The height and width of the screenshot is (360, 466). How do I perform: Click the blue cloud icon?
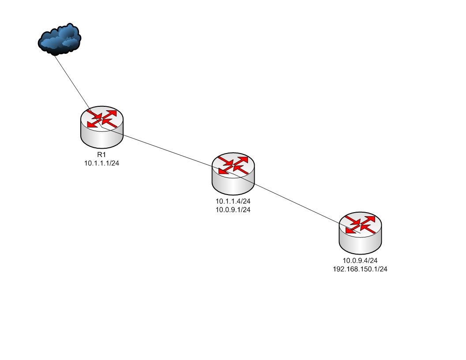click(59, 39)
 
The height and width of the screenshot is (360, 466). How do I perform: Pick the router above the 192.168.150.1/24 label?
click(361, 232)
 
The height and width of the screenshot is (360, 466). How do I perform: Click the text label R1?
click(102, 155)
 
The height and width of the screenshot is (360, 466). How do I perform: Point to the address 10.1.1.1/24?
click(102, 163)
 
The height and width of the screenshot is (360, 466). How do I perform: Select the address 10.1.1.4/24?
click(233, 201)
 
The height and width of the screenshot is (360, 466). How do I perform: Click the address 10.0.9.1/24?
click(233, 210)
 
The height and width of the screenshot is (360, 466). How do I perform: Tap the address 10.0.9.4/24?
click(360, 261)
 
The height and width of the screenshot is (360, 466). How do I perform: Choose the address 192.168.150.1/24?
click(360, 269)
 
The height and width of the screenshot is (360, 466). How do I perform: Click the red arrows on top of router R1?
click(102, 119)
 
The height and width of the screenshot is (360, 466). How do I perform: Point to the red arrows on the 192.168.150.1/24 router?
click(361, 224)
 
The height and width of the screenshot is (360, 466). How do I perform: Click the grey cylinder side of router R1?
click(102, 139)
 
